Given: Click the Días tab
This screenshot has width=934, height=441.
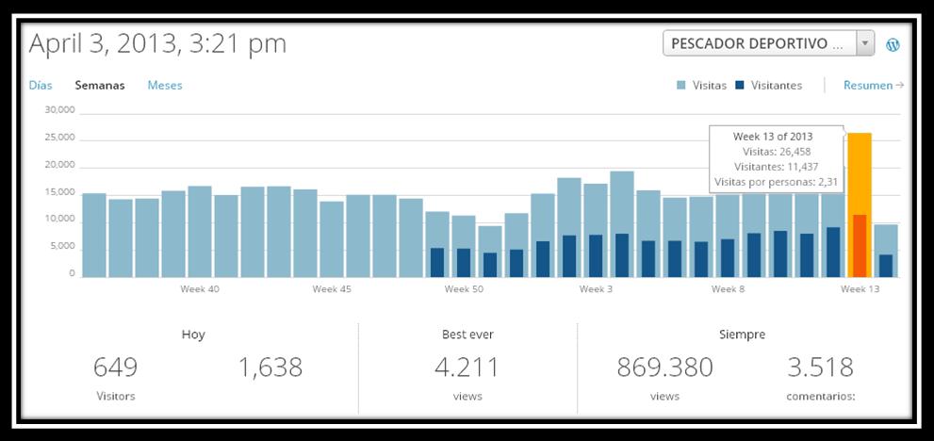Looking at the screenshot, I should [41, 85].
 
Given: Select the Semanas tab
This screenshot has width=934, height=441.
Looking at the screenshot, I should [100, 85].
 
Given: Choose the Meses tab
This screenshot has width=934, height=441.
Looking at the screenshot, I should [165, 85].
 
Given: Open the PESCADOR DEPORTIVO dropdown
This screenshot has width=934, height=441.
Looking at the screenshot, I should [768, 43].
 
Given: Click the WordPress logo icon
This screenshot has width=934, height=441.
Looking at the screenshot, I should [893, 44].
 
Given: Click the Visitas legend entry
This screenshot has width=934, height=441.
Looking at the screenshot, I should [702, 85].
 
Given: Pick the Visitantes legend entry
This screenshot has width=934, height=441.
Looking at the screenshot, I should [769, 85].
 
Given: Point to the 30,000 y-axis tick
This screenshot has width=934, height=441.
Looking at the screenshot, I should [59, 110].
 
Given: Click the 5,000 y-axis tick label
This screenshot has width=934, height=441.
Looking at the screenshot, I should [62, 247].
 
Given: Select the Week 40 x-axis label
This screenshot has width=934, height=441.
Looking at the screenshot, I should [200, 289].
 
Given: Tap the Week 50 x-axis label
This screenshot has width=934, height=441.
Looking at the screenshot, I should [464, 289].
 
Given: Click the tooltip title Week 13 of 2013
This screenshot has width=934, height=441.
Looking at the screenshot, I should [773, 137].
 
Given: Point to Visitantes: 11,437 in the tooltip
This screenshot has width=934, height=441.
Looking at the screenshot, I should [773, 167].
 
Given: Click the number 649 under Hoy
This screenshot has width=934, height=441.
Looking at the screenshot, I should [116, 367].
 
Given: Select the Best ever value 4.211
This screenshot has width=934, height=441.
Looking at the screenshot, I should [467, 367].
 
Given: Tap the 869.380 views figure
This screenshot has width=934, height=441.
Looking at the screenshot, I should [664, 367].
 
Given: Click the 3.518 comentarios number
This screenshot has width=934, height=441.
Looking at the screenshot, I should [820, 367].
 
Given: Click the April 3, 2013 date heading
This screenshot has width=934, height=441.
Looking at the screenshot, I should [157, 43].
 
